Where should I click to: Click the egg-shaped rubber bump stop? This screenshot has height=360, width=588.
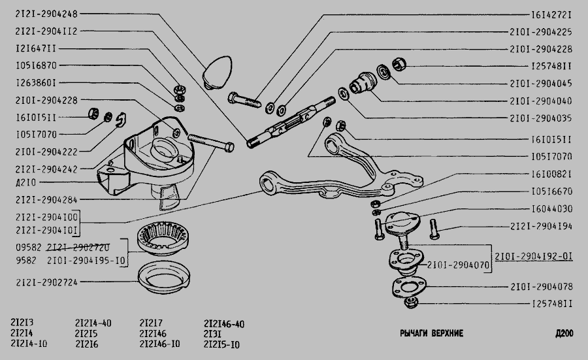(218, 73)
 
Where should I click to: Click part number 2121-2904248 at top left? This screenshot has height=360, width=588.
(46, 14)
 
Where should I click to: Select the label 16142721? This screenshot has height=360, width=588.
(551, 14)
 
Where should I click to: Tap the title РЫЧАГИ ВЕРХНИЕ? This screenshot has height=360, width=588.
(431, 333)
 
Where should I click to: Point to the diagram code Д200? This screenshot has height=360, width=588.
(564, 333)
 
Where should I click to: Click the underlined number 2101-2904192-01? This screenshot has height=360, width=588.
(534, 257)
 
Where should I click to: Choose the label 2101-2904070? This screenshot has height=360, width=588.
(458, 265)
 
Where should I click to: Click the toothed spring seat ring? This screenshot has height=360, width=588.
(163, 238)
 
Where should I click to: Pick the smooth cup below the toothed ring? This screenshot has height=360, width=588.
(163, 278)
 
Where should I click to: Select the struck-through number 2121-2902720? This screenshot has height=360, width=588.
(78, 248)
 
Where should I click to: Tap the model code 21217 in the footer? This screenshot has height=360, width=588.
(151, 323)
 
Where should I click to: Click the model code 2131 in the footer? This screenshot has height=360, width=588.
(212, 334)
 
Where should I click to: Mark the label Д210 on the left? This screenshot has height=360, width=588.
(26, 182)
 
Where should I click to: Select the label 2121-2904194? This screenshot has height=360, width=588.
(541, 226)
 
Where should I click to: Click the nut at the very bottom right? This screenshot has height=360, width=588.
(412, 303)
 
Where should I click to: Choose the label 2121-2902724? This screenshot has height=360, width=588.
(46, 282)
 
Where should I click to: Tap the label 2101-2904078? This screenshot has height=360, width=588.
(541, 287)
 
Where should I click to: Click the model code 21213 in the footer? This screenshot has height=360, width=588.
(22, 323)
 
